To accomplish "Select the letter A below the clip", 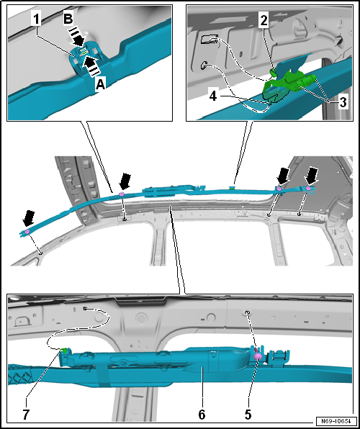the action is pyautogui.click(x=100, y=86).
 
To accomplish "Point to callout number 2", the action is pyautogui.click(x=264, y=21).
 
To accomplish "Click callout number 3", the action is pyautogui.click(x=343, y=102).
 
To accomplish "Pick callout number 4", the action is pyautogui.click(x=212, y=96).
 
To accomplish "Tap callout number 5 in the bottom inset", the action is pyautogui.click(x=248, y=415).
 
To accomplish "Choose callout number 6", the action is pyautogui.click(x=202, y=415).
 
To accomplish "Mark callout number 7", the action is pyautogui.click(x=26, y=415).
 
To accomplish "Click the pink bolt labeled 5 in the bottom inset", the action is pyautogui.click(x=258, y=356).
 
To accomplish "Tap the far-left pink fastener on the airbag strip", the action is pyautogui.click(x=27, y=232).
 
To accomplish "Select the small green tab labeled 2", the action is pyautogui.click(x=273, y=73).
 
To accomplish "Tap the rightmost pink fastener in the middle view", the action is pyautogui.click(x=308, y=189).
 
